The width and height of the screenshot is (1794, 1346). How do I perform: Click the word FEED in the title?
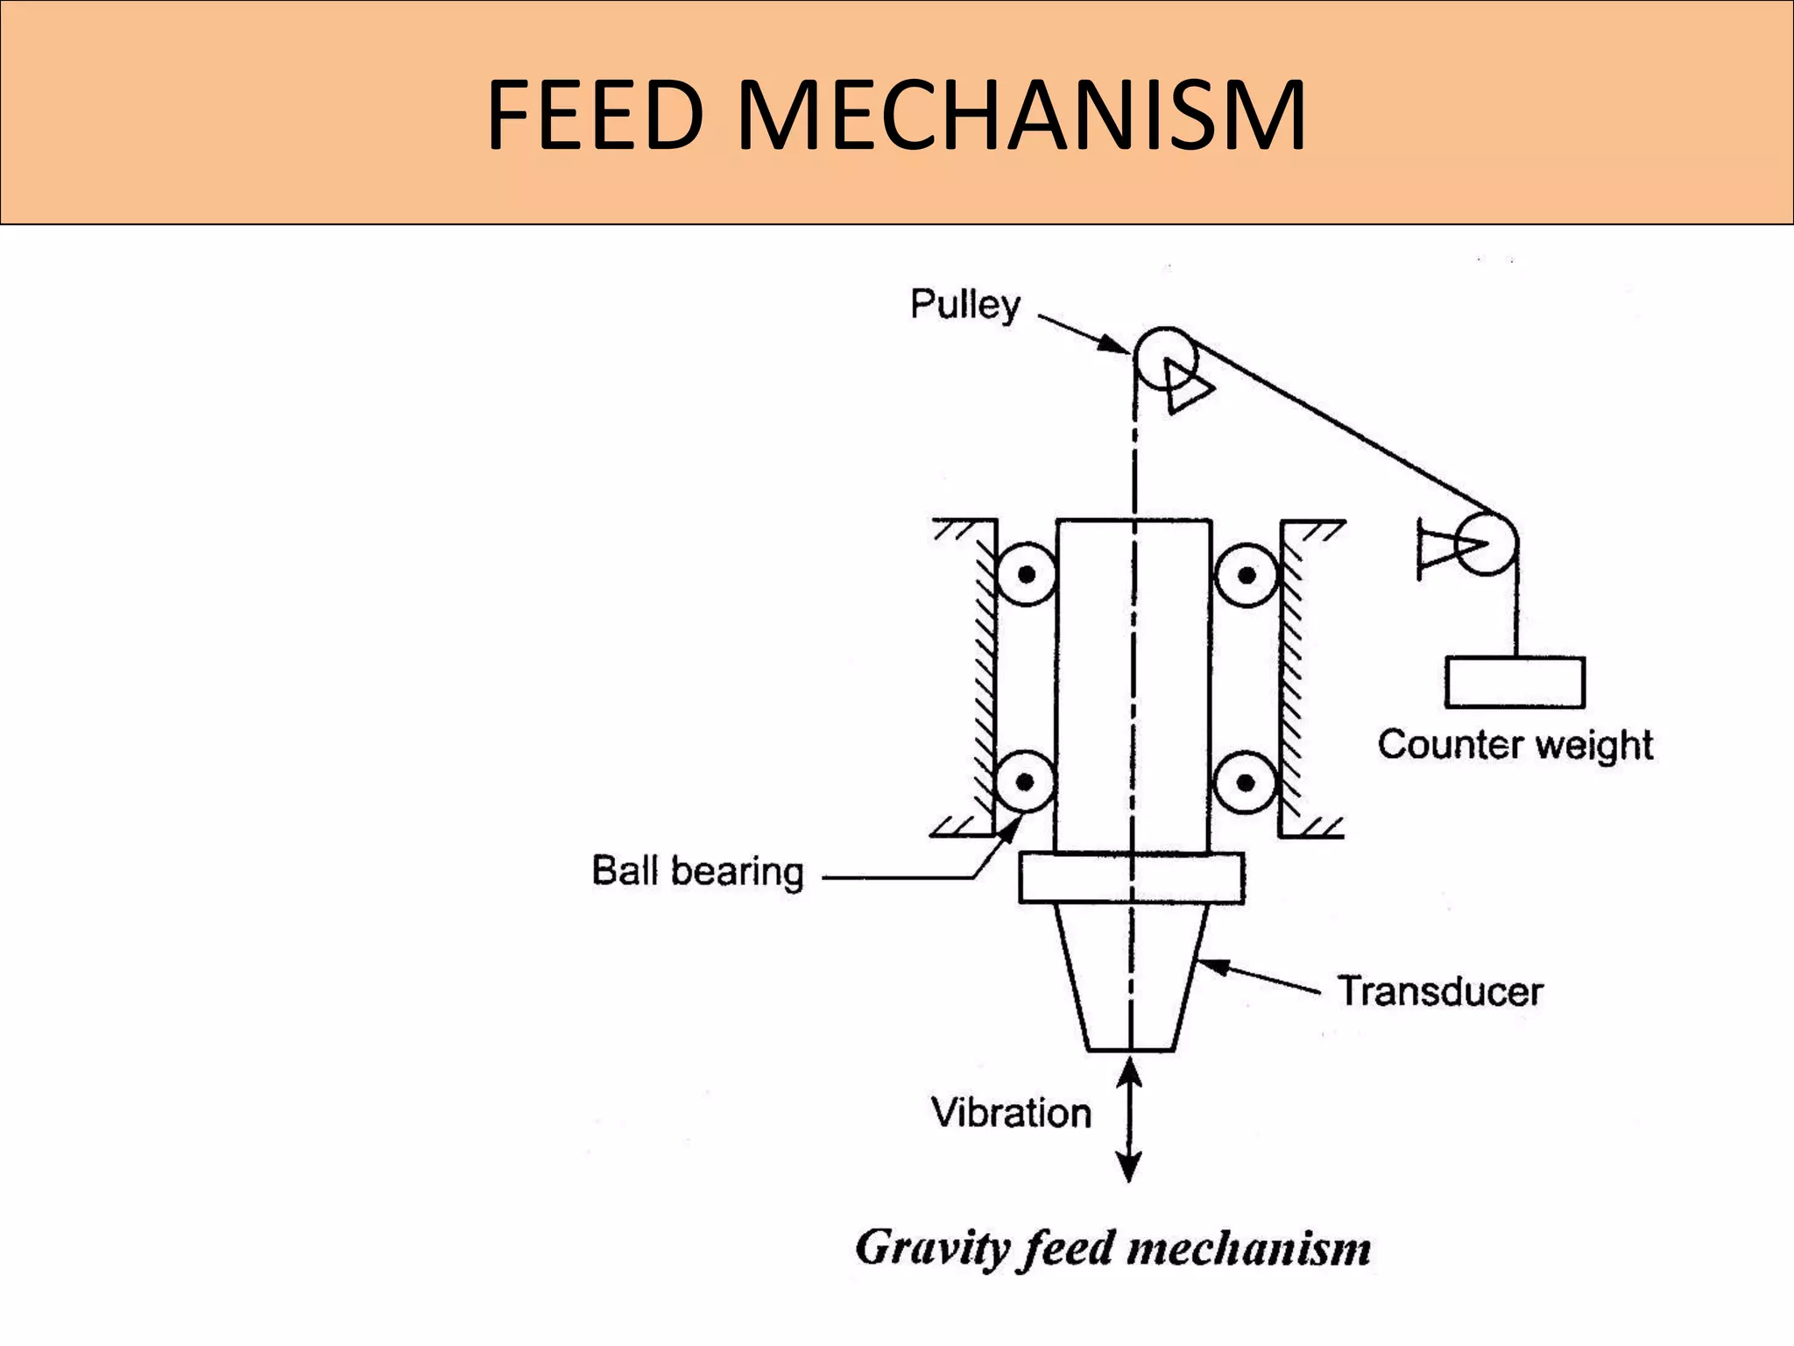coord(596,116)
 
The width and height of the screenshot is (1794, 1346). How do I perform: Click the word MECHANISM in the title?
coord(1021,116)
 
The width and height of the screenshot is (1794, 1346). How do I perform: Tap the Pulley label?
coord(964,305)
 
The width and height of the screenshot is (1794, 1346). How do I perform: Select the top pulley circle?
coord(1165,358)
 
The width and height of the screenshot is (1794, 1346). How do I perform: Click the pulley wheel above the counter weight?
coord(1487,544)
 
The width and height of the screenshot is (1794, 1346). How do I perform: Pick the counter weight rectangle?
coord(1515,683)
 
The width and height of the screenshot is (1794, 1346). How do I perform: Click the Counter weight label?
coord(1515,745)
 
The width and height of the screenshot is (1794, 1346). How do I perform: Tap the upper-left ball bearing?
coord(1026,575)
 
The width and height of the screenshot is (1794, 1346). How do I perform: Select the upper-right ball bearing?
coord(1246,575)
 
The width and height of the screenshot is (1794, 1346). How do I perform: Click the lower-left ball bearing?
coord(1026,781)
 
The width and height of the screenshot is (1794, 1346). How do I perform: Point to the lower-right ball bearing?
coord(1246,781)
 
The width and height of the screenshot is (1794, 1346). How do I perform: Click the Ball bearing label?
coord(697,871)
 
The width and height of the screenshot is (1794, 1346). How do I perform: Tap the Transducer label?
coord(1440,992)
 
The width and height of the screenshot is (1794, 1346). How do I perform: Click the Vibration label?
coord(1011,1113)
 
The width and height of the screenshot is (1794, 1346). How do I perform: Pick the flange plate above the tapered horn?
coord(1131,878)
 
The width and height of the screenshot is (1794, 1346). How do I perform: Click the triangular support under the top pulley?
coord(1188,386)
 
